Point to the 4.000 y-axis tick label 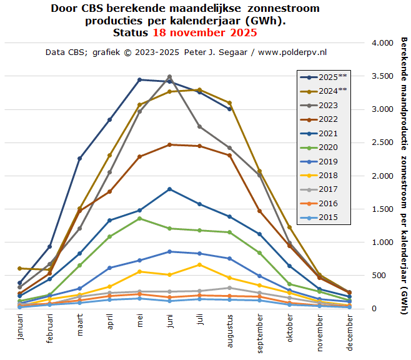382,43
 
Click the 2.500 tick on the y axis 382,142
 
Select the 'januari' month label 21,327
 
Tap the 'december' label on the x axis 349,331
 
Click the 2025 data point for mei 140,79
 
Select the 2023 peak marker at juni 170,76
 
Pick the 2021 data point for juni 170,189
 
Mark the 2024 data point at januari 20,268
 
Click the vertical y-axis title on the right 403,169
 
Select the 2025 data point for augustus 230,109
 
